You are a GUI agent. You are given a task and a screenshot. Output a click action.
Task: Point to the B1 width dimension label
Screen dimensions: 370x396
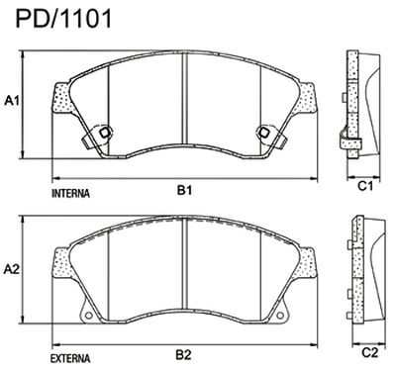click(x=184, y=189)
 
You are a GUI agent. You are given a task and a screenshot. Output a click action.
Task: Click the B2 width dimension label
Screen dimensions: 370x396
click(x=184, y=353)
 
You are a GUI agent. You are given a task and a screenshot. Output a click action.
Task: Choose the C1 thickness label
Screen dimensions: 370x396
click(x=363, y=185)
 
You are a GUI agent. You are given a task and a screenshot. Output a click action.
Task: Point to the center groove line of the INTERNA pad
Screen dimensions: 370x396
click(x=187, y=99)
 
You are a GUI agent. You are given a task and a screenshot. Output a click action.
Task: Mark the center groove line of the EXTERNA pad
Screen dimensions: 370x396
click(x=187, y=265)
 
